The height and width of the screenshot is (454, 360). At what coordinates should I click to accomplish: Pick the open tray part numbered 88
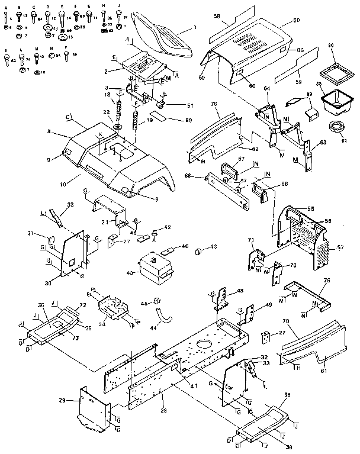[x=334, y=100]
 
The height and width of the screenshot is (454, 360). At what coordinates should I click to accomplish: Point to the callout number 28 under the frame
[x=164, y=411]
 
